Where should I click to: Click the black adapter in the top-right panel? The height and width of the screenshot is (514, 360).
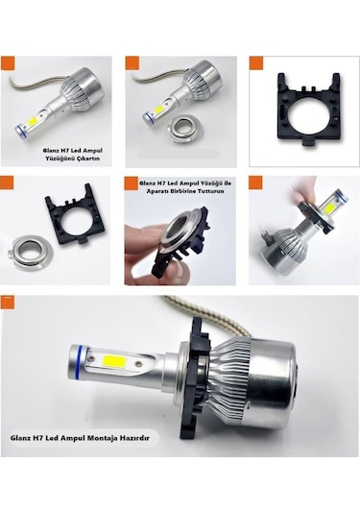303,106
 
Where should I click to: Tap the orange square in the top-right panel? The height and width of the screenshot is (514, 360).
255,63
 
